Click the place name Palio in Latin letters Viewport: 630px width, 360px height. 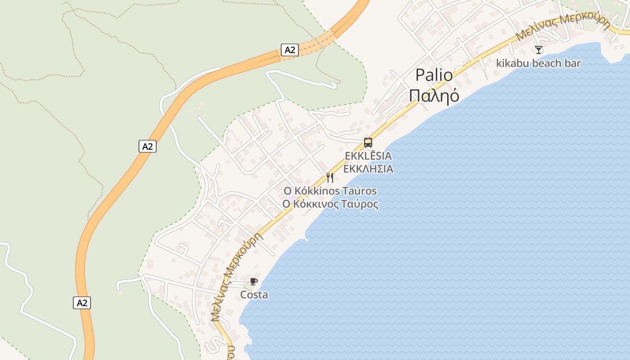coord(434,75)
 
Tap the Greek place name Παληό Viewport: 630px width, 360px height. coord(434,95)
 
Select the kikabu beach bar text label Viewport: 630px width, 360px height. coord(538,63)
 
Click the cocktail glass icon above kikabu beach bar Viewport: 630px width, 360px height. coord(539,49)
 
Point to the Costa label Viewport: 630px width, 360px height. coord(254,295)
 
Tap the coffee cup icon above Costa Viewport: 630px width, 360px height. coord(254,282)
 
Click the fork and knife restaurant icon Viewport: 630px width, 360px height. coord(330,177)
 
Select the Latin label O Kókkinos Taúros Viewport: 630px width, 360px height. coord(330,191)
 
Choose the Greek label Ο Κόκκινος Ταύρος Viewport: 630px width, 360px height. coord(330,204)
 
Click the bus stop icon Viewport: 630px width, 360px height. coord(368,143)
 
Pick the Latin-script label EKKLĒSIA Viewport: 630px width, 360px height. coord(368,156)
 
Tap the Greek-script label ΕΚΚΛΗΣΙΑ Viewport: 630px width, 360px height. coord(368,169)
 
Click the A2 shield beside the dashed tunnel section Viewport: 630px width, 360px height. coord(290,50)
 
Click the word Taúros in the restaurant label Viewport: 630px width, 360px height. coord(358,191)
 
